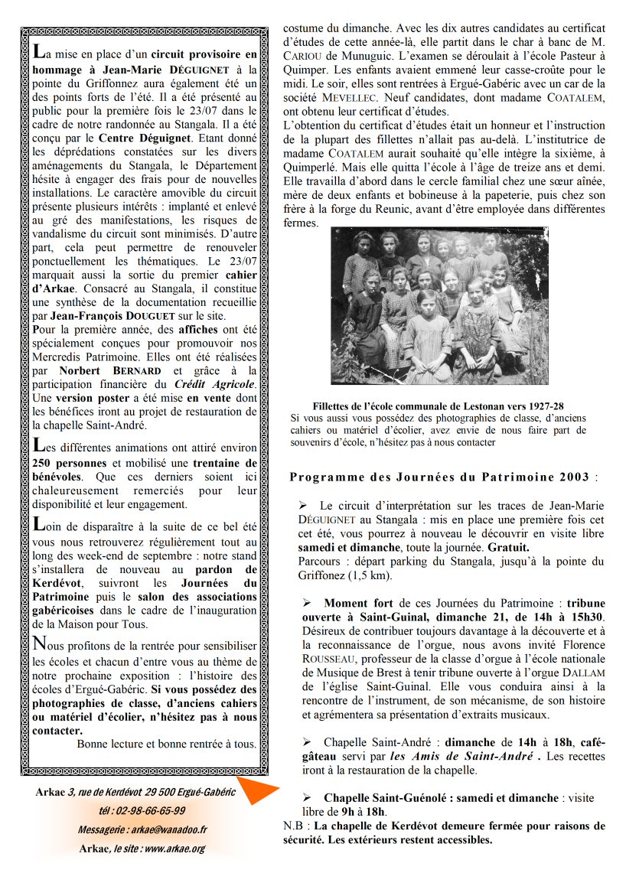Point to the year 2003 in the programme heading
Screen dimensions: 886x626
[569, 477]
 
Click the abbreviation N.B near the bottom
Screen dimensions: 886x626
[294, 826]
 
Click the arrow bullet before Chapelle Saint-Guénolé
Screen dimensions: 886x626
[304, 798]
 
